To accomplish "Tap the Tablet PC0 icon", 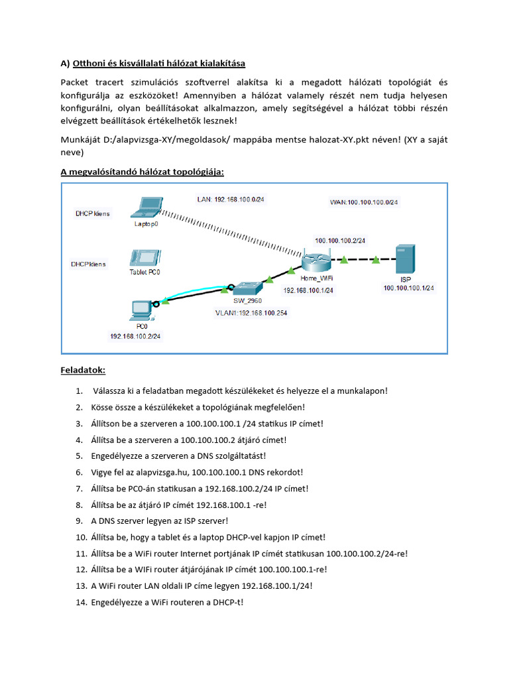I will tap(144, 257).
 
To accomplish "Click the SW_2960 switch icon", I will tap(247, 287).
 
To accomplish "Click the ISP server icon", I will tap(405, 259).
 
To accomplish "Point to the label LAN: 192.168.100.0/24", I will tap(232, 199).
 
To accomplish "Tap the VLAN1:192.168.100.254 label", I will tap(251, 312).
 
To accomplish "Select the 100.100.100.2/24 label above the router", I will tap(340, 240).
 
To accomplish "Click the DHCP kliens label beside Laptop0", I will tap(92, 214).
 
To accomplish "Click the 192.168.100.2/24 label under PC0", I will tap(135, 336).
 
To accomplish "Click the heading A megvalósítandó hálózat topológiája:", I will tap(142, 172).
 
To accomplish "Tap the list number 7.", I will tap(80, 489).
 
